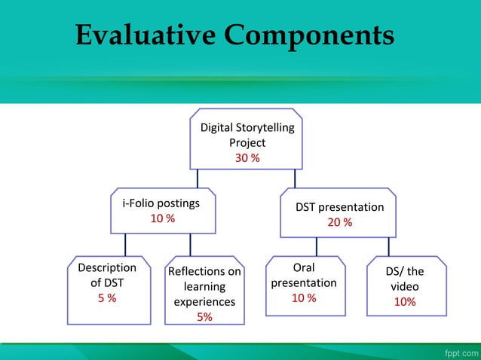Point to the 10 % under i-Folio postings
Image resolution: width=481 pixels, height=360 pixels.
[162, 218]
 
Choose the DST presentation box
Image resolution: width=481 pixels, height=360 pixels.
[339, 213]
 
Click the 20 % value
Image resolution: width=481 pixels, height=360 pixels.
[339, 222]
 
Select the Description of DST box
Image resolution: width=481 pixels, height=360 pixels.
[103, 290]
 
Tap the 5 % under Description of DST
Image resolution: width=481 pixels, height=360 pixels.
[107, 298]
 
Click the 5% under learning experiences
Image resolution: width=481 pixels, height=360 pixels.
[204, 317]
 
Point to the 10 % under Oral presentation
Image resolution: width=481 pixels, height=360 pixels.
[304, 298]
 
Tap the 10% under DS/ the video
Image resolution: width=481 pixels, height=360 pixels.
[405, 302]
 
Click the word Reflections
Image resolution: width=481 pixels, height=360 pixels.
[204, 271]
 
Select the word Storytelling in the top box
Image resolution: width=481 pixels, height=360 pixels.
[264, 128]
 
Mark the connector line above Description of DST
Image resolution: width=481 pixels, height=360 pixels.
[126, 245]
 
